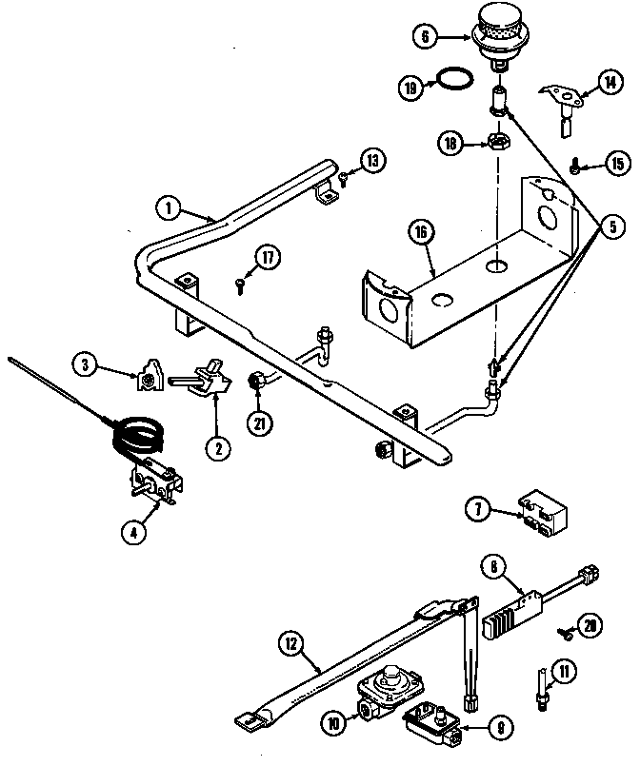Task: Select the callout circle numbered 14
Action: pyautogui.click(x=609, y=85)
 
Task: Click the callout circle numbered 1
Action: pyautogui.click(x=169, y=206)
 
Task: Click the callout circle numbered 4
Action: pyautogui.click(x=137, y=534)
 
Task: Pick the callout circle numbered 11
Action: pyautogui.click(x=567, y=674)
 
